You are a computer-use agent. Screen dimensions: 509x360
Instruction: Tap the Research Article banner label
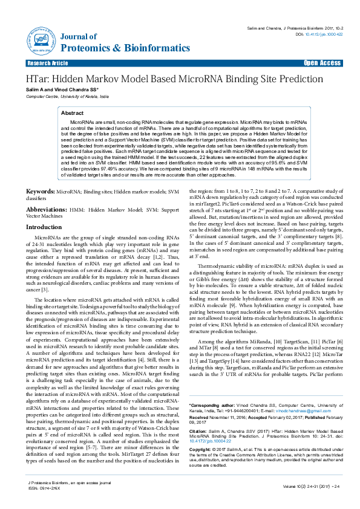47,63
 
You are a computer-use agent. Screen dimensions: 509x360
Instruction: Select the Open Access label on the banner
322,63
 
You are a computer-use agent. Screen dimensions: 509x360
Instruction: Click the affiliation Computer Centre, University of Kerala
67,96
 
